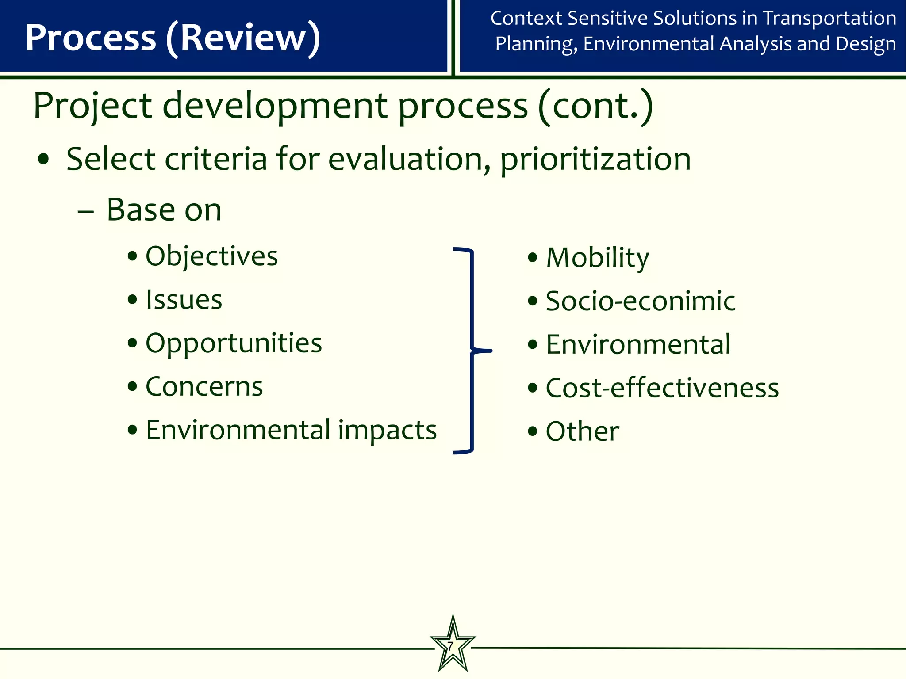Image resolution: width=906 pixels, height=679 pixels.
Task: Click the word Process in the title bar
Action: coord(91,38)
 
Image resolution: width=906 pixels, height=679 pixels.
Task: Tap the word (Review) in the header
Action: coord(243,38)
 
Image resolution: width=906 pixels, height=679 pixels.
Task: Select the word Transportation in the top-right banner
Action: coord(829,18)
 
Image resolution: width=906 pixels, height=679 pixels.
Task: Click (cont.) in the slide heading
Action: coord(595,106)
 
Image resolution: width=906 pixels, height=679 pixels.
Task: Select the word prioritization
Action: coord(595,159)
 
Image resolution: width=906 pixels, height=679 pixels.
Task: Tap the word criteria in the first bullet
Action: coord(216,159)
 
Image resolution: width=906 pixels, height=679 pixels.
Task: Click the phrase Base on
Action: coord(164,210)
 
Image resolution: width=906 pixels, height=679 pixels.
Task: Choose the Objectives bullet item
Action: coord(211,256)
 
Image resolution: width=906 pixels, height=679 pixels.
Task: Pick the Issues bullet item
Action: coord(184,300)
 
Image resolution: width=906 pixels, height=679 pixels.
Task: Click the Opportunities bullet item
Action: coord(234,343)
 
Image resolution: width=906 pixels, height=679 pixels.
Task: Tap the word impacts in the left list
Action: coord(387,430)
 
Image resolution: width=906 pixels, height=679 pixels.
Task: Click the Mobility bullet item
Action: coord(597,258)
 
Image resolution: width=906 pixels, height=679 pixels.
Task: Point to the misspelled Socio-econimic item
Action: coord(640,301)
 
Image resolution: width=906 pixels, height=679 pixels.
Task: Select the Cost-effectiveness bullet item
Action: coord(662,388)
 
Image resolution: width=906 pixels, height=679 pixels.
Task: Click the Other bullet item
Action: coord(582,431)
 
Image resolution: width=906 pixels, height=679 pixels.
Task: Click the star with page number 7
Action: coord(452,646)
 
